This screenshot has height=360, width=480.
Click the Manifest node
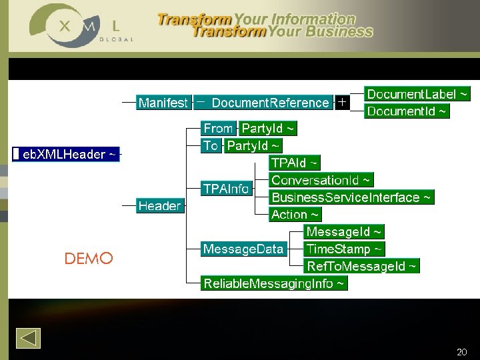click(x=163, y=103)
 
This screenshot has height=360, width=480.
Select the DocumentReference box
click(x=270, y=103)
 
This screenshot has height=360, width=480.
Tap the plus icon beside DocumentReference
click(x=341, y=103)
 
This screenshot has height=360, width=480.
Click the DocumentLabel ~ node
click(x=417, y=94)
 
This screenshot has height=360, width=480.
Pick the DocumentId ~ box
click(x=407, y=111)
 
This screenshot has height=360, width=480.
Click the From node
click(x=219, y=128)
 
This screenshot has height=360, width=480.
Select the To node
click(x=211, y=145)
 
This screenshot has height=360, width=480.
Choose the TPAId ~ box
click(x=295, y=163)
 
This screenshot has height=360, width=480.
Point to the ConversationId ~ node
click(x=321, y=180)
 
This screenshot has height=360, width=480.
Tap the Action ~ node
click(x=295, y=215)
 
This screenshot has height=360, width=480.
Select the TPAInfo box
click(x=227, y=189)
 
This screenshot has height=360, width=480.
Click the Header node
click(x=159, y=206)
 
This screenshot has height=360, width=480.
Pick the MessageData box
click(x=243, y=249)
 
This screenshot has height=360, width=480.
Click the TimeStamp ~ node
click(x=344, y=249)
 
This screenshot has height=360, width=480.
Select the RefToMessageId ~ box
click(x=361, y=267)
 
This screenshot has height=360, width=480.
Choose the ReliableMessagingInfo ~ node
click(x=275, y=284)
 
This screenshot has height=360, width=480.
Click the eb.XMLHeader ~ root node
click(x=66, y=155)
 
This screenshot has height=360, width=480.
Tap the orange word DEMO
click(x=89, y=259)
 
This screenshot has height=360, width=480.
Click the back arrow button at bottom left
click(x=28, y=338)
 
